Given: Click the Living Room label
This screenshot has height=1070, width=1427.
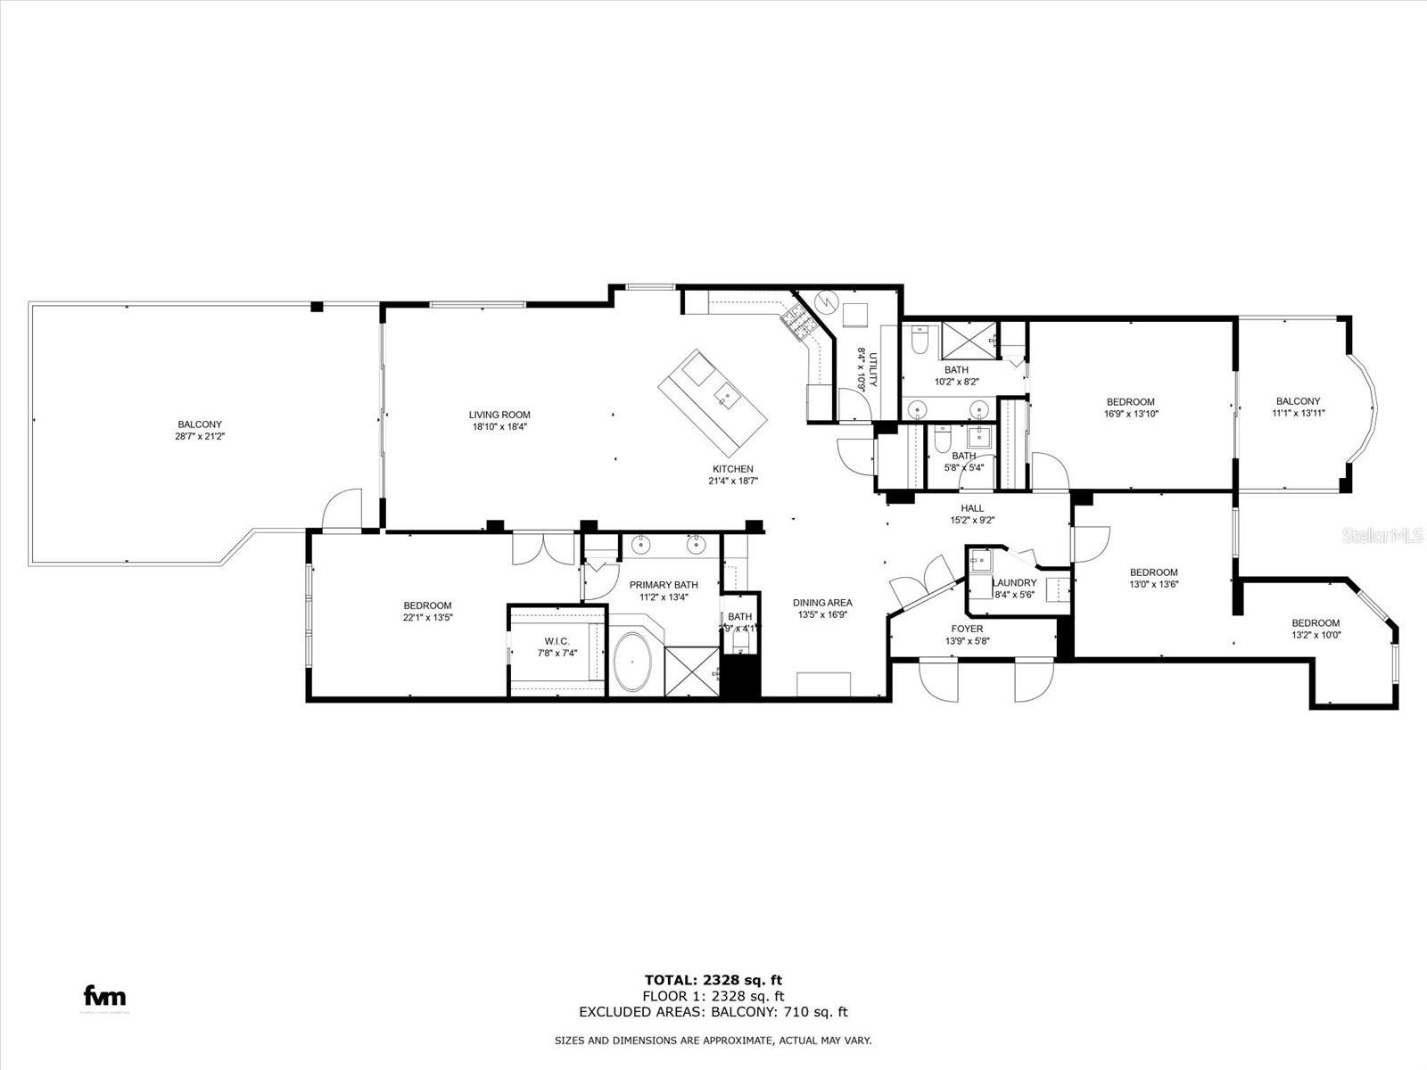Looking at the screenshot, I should pos(499,415).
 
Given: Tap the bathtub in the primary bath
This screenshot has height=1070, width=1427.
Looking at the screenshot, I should pos(633,663).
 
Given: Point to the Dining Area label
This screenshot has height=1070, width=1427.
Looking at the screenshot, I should pos(822,603).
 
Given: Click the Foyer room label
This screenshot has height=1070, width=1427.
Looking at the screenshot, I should pos(967,630).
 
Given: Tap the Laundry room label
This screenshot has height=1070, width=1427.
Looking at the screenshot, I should pos(1015,583).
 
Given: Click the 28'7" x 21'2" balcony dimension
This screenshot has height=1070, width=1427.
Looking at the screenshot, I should pos(200,437).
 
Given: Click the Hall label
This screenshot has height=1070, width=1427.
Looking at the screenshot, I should pos(972,508).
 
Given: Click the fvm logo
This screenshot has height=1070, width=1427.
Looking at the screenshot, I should pos(104,997).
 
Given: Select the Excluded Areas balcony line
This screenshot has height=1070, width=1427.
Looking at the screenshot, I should pos(713,1012).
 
